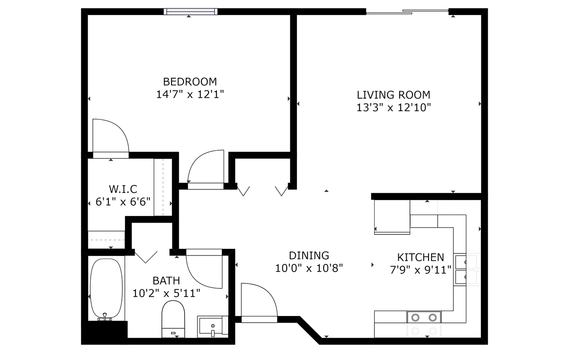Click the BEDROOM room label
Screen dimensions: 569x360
click(x=190, y=82)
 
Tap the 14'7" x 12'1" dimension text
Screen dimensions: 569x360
click(x=190, y=94)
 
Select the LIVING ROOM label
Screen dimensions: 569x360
click(x=393, y=95)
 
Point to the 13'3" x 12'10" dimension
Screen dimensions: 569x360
click(x=394, y=108)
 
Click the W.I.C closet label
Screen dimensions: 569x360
click(x=123, y=189)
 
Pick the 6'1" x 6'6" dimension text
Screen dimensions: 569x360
click(x=123, y=202)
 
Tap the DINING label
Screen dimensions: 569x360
click(x=309, y=256)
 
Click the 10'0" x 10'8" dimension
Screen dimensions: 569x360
click(x=309, y=268)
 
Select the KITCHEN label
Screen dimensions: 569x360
click(x=421, y=257)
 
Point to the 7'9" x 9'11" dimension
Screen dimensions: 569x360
click(x=421, y=270)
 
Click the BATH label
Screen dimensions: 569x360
click(x=166, y=281)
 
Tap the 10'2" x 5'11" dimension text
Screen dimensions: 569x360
click(x=166, y=293)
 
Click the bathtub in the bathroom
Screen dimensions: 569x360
click(x=106, y=289)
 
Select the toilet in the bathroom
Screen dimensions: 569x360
click(x=173, y=319)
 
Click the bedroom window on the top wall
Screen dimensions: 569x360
click(x=191, y=12)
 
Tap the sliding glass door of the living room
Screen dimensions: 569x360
click(x=407, y=12)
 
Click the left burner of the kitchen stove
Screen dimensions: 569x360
click(x=415, y=317)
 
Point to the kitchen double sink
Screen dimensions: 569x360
click(x=460, y=270)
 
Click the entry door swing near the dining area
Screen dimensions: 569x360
click(x=259, y=303)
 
